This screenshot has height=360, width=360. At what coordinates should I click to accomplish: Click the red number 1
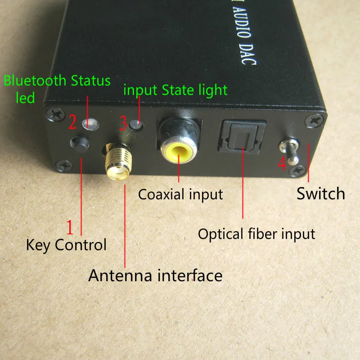70,228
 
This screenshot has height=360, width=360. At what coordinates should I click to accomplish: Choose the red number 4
282,165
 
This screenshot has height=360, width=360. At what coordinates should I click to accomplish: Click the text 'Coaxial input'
180,194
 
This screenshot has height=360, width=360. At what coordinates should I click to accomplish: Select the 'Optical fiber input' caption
256,234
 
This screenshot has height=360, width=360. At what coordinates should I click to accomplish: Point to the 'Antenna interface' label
155,275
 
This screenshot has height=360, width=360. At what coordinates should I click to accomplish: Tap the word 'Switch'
320,193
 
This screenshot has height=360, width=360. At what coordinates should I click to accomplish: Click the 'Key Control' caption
66,245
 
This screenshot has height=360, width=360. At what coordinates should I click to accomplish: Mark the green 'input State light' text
175,90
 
